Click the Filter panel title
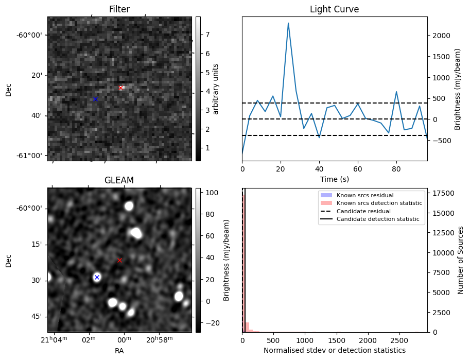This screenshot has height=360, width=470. point(119,9)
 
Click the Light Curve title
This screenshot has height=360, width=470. point(334,9)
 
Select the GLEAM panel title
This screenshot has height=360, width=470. point(119,180)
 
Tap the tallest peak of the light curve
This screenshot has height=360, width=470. point(288,23)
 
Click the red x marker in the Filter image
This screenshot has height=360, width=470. point(120,88)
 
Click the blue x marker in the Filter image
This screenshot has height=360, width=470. point(95,99)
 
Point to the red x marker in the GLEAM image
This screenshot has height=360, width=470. point(119,260)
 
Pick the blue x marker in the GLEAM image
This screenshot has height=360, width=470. point(97,277)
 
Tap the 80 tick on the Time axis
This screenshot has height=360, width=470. point(396,168)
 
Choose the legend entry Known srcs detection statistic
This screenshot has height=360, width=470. point(379,203)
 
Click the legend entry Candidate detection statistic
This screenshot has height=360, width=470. point(378,219)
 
